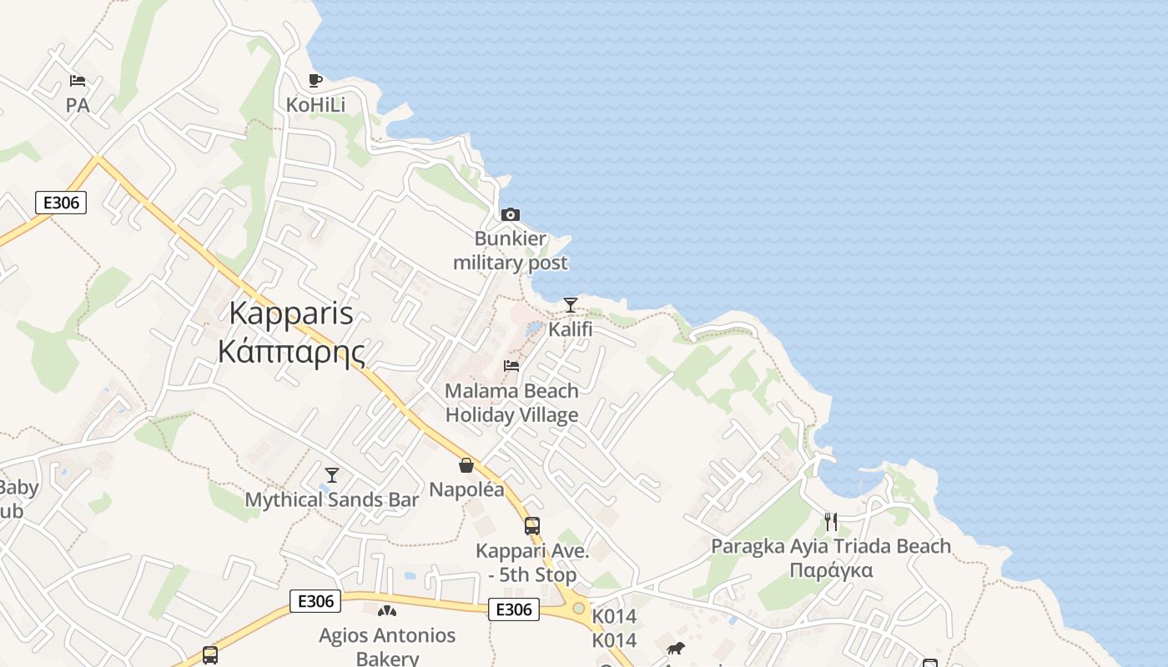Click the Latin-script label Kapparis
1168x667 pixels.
coord(290,314)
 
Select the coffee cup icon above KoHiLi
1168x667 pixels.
coord(315,81)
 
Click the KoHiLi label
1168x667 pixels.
coord(315,105)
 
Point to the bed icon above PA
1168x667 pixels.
coord(78,81)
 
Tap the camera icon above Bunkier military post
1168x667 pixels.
coord(510,215)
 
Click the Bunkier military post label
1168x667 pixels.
coord(510,251)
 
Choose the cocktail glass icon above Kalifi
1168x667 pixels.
coord(571,305)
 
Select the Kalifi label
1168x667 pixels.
coord(571,329)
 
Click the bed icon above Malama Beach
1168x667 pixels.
coord(511,366)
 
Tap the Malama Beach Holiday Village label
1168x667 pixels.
coord(511,403)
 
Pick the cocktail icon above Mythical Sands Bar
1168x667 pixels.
coord(332,475)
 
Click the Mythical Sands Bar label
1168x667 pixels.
coord(332,500)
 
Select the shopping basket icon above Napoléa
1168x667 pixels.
coord(466,465)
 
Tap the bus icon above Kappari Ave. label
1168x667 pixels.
coord(532,526)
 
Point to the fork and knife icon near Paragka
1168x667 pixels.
coord(831,522)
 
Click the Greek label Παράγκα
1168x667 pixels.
coord(831,571)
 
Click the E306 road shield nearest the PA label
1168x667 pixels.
coord(61,203)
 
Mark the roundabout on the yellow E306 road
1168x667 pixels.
coord(578,608)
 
